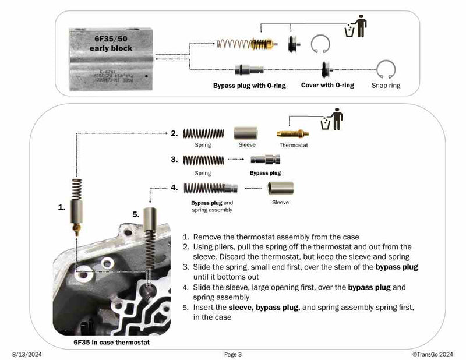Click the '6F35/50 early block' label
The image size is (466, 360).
tap(111, 44)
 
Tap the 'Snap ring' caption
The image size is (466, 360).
tap(386, 86)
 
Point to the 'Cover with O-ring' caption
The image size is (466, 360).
tap(327, 85)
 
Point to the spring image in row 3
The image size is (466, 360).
tap(203, 160)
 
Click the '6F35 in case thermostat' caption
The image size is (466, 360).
tap(111, 342)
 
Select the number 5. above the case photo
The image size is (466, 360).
tap(136, 214)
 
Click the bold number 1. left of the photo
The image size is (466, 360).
tap(62, 206)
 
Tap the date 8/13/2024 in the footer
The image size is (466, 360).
tap(27, 354)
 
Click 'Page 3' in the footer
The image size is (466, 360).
tap(232, 354)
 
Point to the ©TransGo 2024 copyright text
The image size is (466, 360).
tap(433, 354)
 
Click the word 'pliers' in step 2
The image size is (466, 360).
tap(225, 247)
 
